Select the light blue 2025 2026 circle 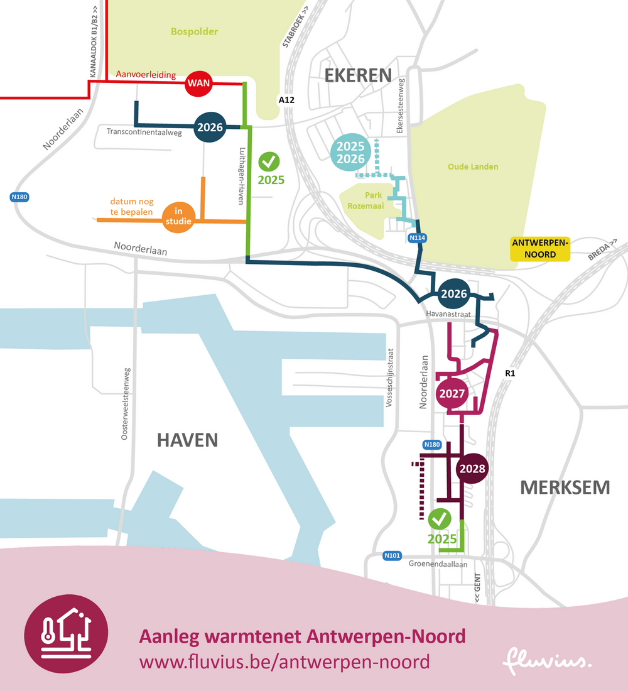[x=350, y=152]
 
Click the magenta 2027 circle [x=452, y=394]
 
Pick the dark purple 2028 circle [x=472, y=468]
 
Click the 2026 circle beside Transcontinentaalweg [x=210, y=128]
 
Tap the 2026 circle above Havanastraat [x=453, y=293]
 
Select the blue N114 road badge [x=417, y=238]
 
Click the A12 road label [x=287, y=100]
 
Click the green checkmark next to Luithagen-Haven [x=270, y=162]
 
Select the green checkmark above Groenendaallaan [x=440, y=519]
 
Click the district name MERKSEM [x=564, y=487]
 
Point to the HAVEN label [x=187, y=440]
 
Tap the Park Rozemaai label [x=365, y=200]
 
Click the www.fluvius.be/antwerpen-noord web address [x=284, y=661]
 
